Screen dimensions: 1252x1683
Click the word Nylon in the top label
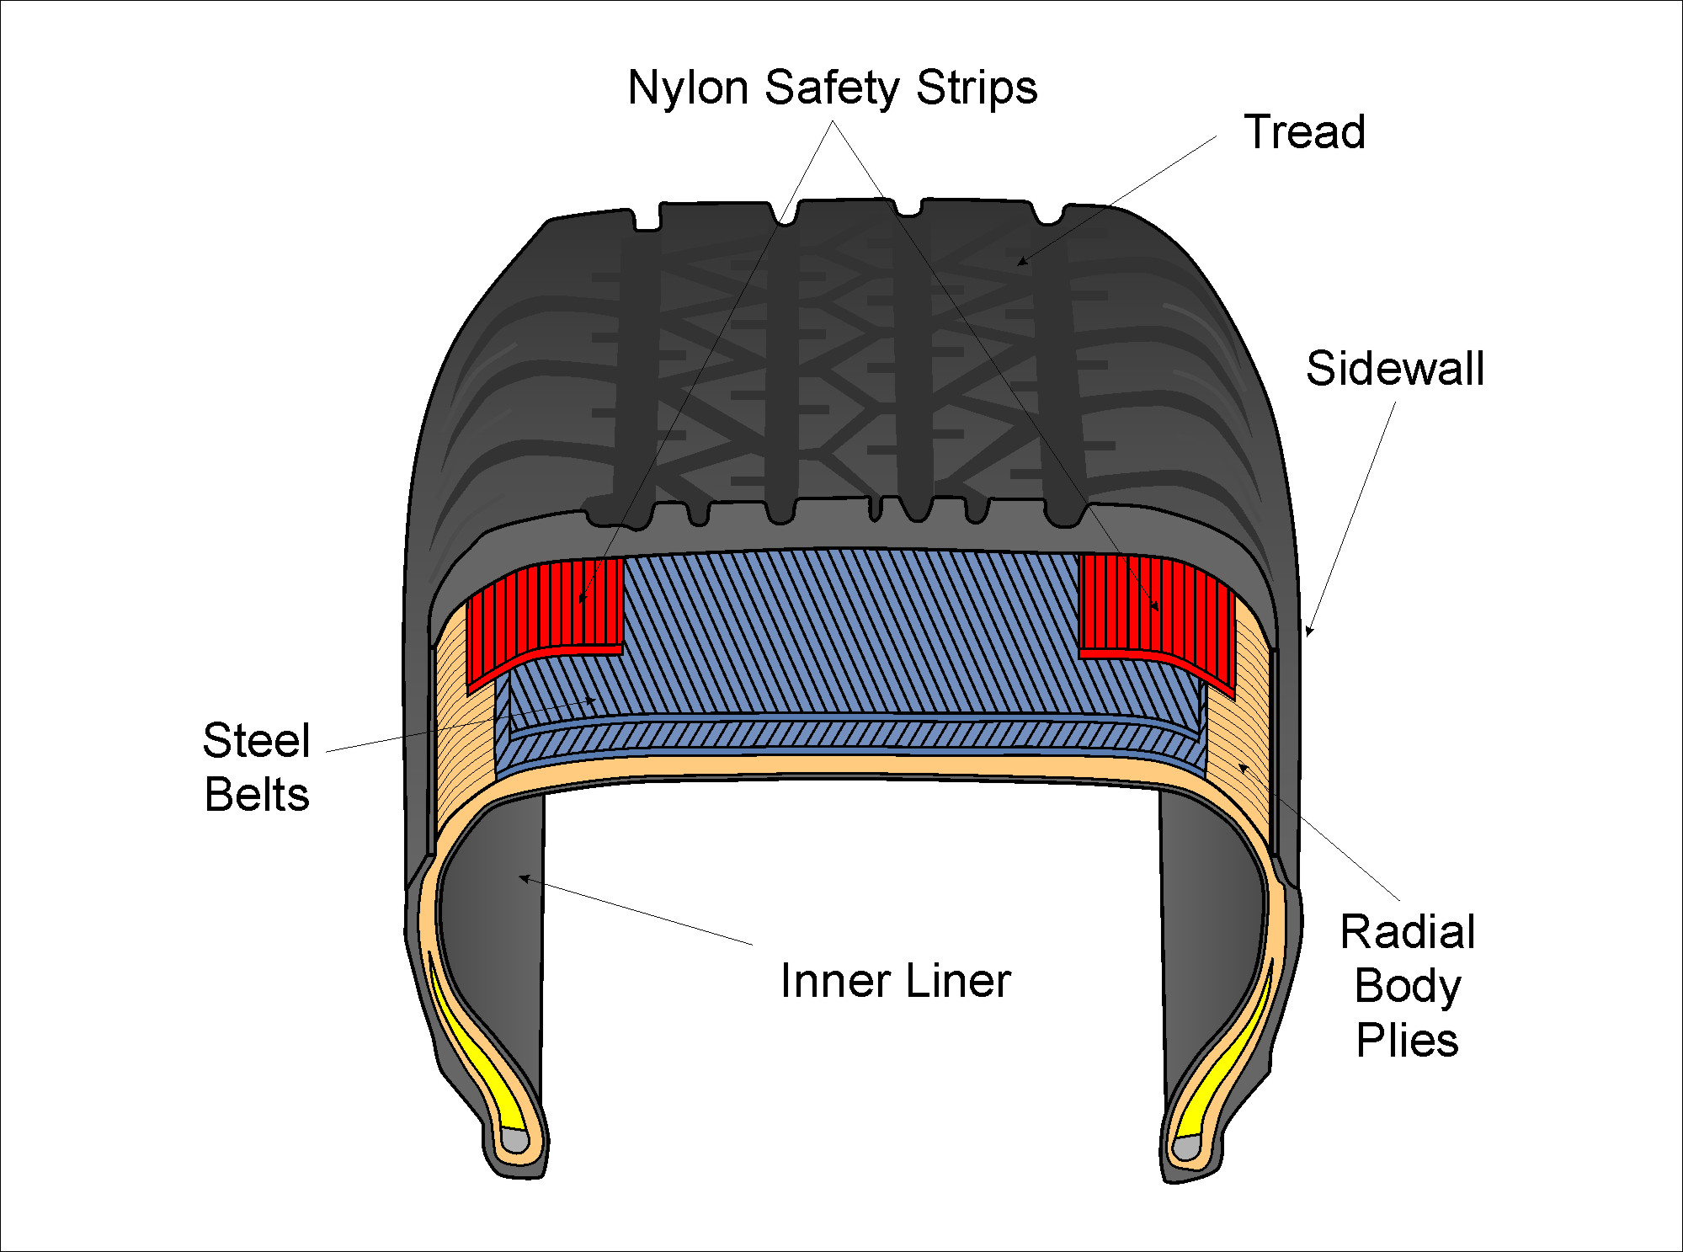(688, 88)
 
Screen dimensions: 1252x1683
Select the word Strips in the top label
(977, 89)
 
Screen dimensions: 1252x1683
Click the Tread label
(1304, 132)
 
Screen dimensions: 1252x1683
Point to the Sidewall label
(1394, 369)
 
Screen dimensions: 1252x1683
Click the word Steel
(257, 741)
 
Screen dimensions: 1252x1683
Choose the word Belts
(257, 795)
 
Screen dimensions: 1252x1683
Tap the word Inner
(835, 981)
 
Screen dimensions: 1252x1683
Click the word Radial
(1407, 932)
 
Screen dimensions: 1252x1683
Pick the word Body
(1407, 987)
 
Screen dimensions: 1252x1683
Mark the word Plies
(1407, 1041)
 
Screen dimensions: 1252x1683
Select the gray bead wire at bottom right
(1187, 1147)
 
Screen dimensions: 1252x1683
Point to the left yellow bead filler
(480, 1052)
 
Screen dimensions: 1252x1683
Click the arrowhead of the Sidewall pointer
(1308, 631)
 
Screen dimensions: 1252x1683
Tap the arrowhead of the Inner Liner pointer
(523, 878)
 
